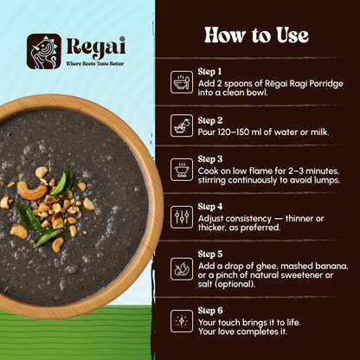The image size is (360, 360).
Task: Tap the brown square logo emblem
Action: click(43, 50)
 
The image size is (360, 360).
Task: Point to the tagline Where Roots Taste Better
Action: click(99, 63)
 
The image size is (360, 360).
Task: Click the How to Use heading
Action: click(255, 35)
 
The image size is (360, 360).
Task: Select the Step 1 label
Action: click(209, 71)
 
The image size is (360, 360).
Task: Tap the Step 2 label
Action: click(209, 120)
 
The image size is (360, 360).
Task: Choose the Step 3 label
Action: click(209, 159)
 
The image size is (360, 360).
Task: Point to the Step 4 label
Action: click(209, 207)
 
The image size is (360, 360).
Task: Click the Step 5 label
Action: click(209, 254)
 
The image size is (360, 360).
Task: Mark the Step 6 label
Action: click(209, 310)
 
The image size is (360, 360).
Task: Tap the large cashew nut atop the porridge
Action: click(34, 190)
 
